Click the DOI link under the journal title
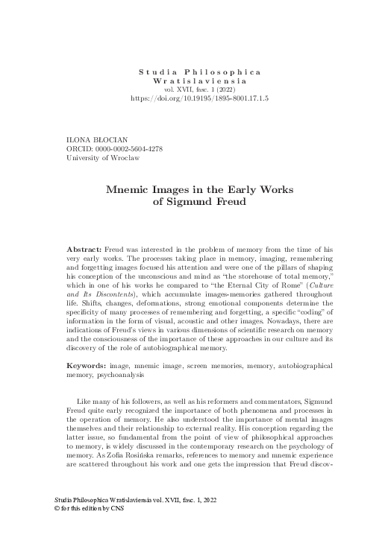point(200,98)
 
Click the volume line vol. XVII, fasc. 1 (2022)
point(200,89)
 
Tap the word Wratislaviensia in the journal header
point(200,79)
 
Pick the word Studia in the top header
point(156,70)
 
